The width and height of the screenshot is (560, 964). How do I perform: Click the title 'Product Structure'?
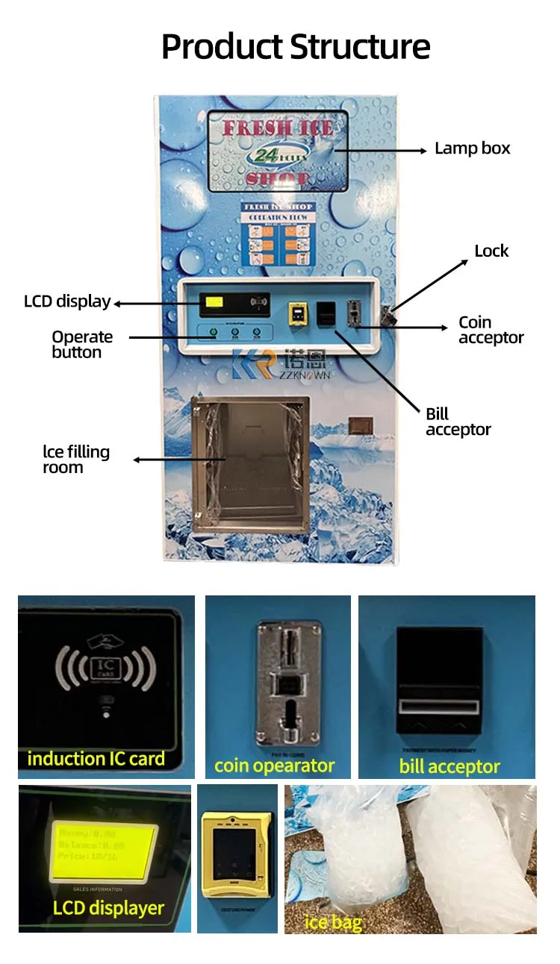tap(296, 46)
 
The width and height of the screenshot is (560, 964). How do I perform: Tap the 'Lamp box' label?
tap(472, 148)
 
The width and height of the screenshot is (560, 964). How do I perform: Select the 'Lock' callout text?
tap(491, 251)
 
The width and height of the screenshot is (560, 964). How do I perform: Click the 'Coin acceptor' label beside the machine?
tap(491, 330)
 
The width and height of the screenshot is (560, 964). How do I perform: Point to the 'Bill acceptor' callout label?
tap(458, 422)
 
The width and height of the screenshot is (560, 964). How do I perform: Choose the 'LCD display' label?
tap(67, 302)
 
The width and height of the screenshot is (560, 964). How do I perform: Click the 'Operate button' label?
tap(82, 344)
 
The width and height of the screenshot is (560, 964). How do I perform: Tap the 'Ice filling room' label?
tap(76, 460)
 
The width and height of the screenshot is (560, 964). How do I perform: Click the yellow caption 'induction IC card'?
tap(96, 759)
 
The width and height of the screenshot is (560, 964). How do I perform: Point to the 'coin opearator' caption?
tap(274, 766)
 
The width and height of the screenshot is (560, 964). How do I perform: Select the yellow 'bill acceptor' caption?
tap(449, 766)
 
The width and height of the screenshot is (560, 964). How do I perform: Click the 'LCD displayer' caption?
tap(108, 908)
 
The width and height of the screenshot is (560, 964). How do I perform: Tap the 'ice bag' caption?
tap(334, 923)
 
